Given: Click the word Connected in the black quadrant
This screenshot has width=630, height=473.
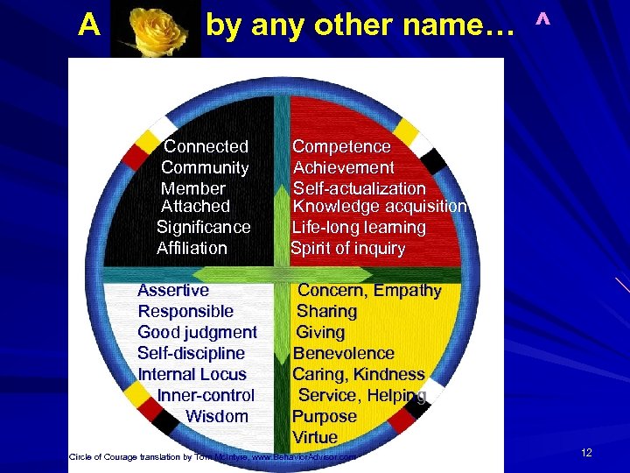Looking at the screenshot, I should coord(206,146).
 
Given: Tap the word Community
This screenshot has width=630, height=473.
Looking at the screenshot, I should coord(205,167).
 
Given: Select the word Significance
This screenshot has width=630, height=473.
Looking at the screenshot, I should coord(204,227).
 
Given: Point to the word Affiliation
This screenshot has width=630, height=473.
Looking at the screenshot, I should coord(192,248).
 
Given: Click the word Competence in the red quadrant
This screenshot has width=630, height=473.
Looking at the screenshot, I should coord(341,146).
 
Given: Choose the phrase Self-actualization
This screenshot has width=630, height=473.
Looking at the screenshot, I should coord(360,188).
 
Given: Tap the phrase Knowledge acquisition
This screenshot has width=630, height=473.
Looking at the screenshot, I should coord(380,207).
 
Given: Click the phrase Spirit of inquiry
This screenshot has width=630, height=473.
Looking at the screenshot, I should coord(347,248).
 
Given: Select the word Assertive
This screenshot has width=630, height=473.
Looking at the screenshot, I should coord(173,290).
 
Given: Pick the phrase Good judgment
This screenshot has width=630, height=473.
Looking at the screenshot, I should coord(197,332).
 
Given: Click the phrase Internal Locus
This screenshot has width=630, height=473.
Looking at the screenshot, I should coord(192,374).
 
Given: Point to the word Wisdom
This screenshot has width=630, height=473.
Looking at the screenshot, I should coord(217,416).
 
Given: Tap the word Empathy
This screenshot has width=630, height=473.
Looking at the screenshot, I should coord(408,290).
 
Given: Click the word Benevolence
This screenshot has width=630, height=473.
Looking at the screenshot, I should coord(344,353).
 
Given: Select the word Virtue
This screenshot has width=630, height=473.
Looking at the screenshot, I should coord(315,437).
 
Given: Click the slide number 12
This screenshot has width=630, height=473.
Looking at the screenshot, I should coord(586,453).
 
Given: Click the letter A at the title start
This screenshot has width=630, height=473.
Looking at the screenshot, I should coord(87,26).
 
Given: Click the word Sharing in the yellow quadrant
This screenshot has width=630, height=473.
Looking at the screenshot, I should coord(327,311).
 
